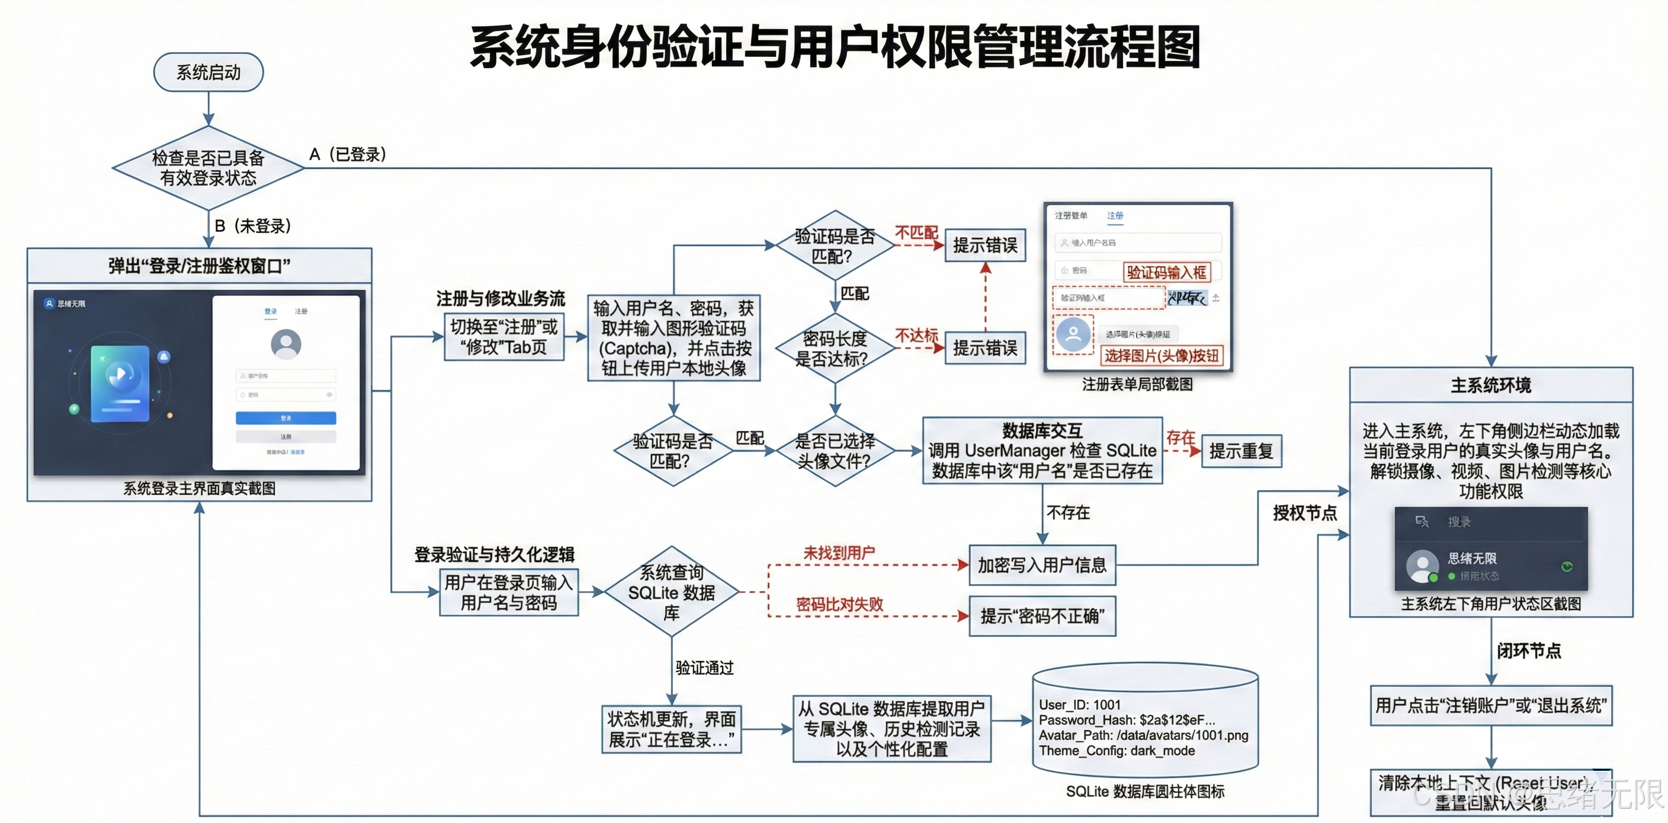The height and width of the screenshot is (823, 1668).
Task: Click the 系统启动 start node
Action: pos(208,72)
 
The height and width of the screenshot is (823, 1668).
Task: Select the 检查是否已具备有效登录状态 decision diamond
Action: pos(208,168)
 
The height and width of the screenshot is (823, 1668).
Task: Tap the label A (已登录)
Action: pos(348,154)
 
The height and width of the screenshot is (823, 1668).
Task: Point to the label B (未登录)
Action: pos(252,225)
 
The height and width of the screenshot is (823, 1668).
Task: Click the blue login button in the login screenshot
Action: pos(286,418)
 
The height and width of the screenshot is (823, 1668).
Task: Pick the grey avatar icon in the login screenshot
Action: pos(286,343)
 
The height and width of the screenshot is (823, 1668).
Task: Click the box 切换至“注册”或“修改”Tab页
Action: pos(503,337)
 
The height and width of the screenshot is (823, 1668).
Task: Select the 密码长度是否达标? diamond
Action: pos(835,349)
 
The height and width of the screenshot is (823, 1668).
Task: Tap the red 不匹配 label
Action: pos(916,232)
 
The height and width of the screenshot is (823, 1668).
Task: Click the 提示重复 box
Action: pos(1242,451)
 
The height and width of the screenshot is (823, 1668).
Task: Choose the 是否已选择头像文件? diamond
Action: pos(835,451)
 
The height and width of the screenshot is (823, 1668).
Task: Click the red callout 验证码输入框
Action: pos(1166,272)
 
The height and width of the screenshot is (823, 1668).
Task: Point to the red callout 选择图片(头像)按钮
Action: pos(1162,356)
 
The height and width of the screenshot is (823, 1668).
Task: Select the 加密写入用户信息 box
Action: pos(1042,565)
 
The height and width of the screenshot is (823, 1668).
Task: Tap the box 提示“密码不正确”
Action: pos(1042,616)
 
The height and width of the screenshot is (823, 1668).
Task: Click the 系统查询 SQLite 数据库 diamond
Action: pos(672,592)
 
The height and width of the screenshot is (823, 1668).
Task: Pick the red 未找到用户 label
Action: pos(839,553)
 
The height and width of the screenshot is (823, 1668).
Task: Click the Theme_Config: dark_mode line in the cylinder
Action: pos(1117,751)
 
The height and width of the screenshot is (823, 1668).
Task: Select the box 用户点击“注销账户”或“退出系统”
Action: pos(1490,705)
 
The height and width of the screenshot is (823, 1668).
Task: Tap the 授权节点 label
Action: pos(1305,513)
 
